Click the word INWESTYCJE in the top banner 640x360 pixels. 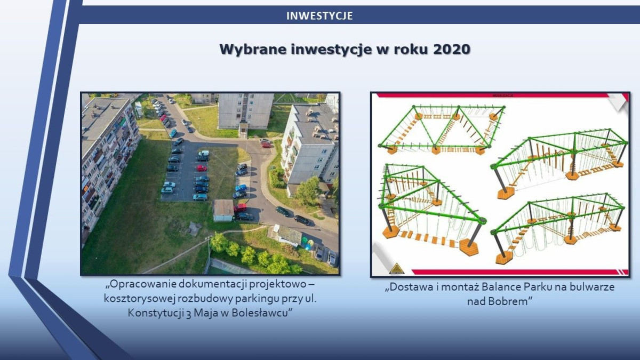(319, 16)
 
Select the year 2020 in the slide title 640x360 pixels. (452, 50)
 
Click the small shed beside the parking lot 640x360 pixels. (223, 210)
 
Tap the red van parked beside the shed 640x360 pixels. (241, 207)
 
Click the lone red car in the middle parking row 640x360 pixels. (202, 168)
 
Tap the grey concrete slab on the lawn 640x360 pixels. (194, 228)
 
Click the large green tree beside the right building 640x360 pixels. (308, 190)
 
